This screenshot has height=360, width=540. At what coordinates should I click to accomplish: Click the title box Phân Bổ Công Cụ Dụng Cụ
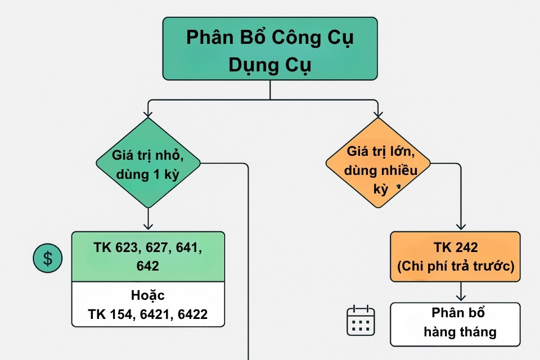tap(270, 48)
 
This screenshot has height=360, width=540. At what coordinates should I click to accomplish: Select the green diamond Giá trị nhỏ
tap(148, 163)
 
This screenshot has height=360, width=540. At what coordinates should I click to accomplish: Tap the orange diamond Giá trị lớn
tap(378, 163)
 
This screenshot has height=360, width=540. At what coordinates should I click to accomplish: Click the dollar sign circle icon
tap(48, 258)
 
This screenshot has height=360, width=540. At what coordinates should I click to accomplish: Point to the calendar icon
tap(361, 321)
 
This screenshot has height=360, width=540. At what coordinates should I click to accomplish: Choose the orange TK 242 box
tap(456, 256)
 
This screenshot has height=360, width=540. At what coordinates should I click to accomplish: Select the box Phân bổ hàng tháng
tap(456, 324)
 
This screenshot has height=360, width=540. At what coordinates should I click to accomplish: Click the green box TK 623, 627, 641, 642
tap(148, 256)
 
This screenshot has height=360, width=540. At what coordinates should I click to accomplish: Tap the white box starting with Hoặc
tap(148, 304)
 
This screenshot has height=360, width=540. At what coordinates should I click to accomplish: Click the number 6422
tap(193, 314)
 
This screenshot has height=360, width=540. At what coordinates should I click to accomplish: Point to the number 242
tap(464, 248)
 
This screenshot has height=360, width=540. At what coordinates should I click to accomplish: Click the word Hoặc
tap(148, 295)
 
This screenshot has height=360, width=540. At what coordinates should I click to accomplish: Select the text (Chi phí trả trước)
tap(456, 267)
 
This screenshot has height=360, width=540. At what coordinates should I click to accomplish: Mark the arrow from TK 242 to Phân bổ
tap(461, 292)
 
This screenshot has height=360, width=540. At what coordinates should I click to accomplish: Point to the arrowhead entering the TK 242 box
tap(461, 227)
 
